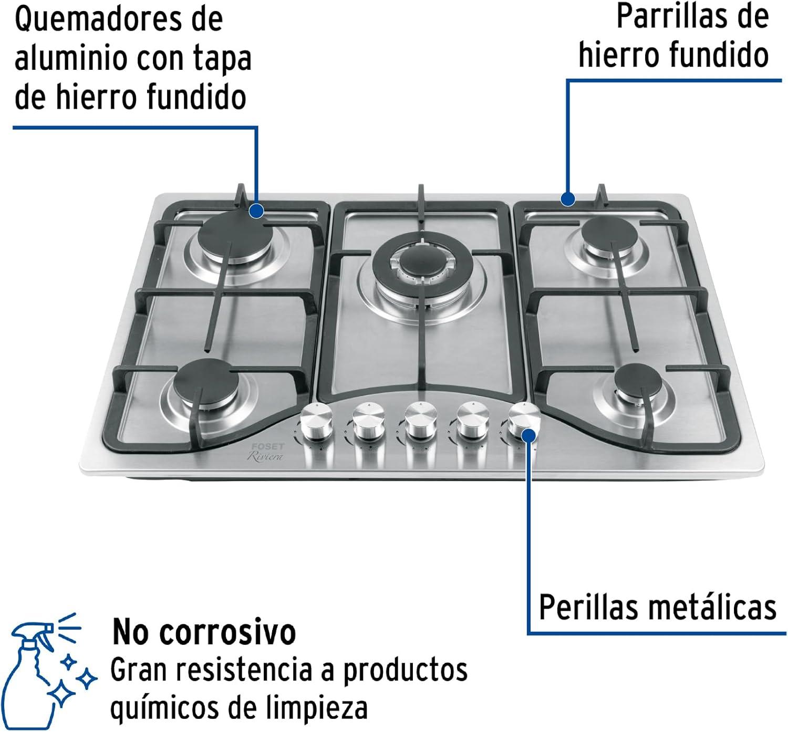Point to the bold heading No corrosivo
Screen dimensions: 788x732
(x=204, y=632)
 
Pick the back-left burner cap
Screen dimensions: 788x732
(x=235, y=235)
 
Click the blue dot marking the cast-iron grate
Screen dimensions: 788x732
(x=568, y=199)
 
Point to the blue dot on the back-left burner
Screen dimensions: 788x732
(x=257, y=211)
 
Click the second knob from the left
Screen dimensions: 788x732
(x=369, y=421)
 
